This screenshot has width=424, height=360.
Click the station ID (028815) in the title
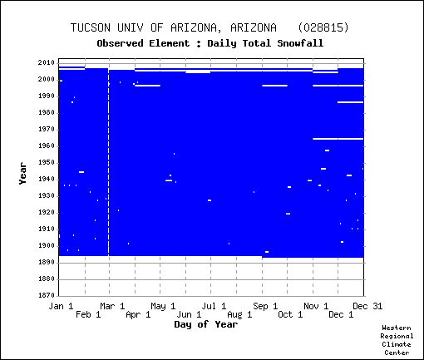(323, 27)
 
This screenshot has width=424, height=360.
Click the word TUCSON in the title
(91, 27)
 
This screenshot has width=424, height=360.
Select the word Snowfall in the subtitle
(300, 43)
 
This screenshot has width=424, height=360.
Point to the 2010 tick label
(47, 62)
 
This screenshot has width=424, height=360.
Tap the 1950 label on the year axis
(47, 163)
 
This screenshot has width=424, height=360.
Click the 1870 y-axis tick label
(47, 295)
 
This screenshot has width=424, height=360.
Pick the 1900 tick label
(47, 246)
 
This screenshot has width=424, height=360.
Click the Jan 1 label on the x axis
(61, 306)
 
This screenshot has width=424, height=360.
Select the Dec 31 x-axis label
(367, 306)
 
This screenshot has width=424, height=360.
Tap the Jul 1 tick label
(214, 306)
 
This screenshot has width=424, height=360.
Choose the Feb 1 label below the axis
(88, 314)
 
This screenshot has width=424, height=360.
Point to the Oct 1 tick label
(290, 314)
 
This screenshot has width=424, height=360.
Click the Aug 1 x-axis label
(239, 314)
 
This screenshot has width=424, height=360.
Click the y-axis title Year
(23, 174)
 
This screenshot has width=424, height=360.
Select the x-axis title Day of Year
(206, 324)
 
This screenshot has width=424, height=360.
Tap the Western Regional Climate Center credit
(397, 340)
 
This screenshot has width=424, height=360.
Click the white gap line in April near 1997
(147, 86)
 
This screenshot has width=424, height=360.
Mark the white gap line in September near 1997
(274, 86)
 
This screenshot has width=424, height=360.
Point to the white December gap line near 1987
(350, 102)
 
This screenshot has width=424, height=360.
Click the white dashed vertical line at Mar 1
(109, 162)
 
